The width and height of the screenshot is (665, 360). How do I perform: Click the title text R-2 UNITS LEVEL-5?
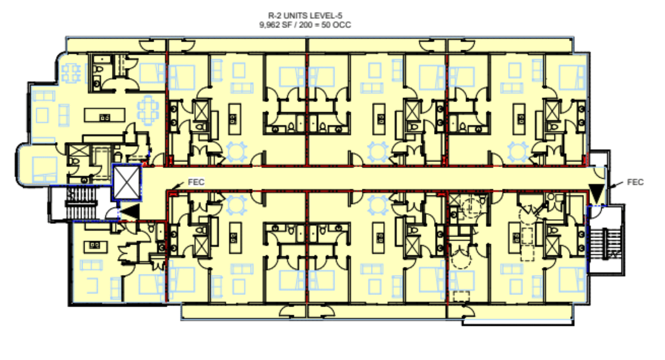[305, 16]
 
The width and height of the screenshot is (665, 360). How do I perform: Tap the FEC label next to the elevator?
[196, 182]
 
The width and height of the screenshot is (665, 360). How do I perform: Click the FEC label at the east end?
[635, 182]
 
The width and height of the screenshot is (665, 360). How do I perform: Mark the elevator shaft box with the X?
[127, 183]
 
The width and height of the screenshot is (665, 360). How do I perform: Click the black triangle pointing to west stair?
[131, 211]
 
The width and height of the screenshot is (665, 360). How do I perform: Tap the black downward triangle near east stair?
[596, 193]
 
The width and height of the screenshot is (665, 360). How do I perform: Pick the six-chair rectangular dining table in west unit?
[148, 110]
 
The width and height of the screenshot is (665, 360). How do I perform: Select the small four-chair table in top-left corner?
[71, 73]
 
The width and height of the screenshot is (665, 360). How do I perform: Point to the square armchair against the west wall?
[42, 115]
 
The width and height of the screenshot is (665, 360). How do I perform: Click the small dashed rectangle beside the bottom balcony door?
[461, 297]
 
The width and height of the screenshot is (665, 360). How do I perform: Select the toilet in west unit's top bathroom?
[98, 70]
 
